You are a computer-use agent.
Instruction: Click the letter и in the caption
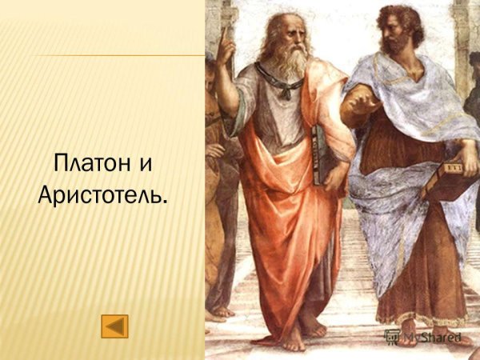pos(145,166)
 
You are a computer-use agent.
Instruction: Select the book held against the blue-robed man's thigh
pos(447,176)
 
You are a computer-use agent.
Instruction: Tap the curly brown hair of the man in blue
pos(404,14)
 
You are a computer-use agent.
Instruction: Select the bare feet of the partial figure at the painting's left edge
pos(220,311)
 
